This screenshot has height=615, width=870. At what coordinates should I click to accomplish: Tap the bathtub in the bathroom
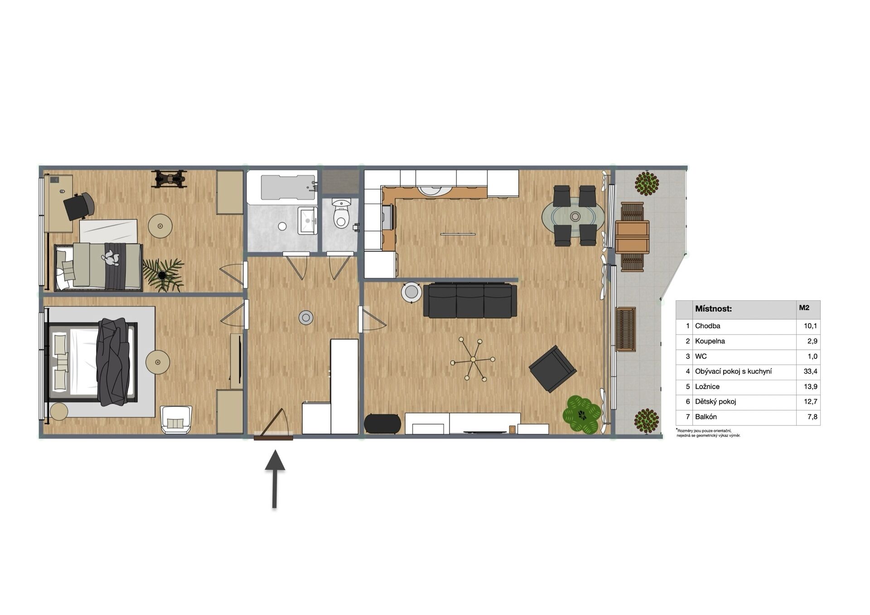click(x=288, y=188)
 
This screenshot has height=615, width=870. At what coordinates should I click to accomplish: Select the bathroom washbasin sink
click(x=308, y=221)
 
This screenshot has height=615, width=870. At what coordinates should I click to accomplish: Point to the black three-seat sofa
click(x=470, y=300)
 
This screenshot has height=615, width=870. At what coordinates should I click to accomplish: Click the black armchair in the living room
click(x=552, y=368)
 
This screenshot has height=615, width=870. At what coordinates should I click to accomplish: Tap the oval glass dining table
click(x=574, y=216)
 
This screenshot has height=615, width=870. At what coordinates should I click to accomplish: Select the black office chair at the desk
click(x=78, y=206)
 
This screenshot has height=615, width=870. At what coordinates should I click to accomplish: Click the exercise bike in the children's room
click(x=169, y=179)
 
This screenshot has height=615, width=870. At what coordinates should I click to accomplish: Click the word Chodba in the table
click(x=707, y=326)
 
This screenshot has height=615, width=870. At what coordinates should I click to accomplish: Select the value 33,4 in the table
click(x=810, y=371)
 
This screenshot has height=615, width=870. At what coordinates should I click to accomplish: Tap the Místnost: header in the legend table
click(x=713, y=309)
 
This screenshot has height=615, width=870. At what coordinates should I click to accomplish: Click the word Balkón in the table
click(x=706, y=416)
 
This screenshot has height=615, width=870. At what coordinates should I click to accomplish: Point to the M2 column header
click(x=804, y=308)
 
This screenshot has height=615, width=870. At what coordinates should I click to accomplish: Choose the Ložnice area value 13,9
click(x=810, y=387)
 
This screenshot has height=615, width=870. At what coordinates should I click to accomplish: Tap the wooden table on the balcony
click(x=632, y=237)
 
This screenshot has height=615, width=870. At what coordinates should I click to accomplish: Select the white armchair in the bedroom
click(x=176, y=419)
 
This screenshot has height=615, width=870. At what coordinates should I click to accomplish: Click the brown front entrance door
click(x=273, y=438)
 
